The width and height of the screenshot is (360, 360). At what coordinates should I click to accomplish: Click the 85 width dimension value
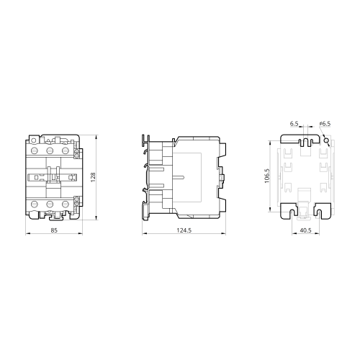click(54, 230)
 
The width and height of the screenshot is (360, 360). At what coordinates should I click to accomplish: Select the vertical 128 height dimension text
click(93, 177)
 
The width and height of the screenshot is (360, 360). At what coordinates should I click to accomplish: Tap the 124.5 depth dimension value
click(184, 230)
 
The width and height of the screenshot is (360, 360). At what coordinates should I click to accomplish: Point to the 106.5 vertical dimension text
click(267, 176)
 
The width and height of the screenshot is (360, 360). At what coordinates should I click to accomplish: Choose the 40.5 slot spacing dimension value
click(305, 230)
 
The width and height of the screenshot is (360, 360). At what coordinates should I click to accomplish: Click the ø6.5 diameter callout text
click(325, 124)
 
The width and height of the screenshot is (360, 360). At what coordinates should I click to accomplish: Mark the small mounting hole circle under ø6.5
click(325, 140)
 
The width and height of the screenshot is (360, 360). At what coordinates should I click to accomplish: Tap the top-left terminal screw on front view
click(35, 150)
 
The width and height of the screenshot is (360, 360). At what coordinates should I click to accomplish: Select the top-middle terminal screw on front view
click(50, 150)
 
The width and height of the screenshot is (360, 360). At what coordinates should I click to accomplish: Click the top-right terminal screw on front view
click(66, 150)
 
